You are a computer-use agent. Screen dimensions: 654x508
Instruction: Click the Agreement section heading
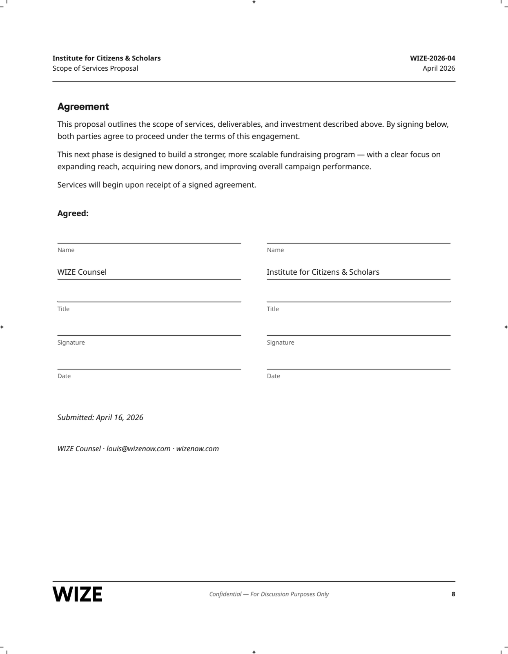(x=83, y=107)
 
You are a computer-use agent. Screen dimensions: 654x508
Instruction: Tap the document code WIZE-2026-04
(x=432, y=58)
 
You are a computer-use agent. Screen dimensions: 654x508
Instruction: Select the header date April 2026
(x=439, y=68)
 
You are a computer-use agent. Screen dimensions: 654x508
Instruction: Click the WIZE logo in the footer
(x=78, y=594)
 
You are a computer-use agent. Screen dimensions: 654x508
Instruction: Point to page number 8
(x=453, y=594)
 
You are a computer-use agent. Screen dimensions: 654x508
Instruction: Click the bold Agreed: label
(x=73, y=213)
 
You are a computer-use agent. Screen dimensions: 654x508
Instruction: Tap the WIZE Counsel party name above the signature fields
(x=82, y=272)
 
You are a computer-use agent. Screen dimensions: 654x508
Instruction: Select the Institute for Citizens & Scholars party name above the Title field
(x=323, y=272)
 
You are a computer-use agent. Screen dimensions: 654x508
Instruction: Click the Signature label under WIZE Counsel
(x=71, y=343)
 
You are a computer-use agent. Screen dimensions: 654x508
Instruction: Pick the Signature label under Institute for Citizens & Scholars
(x=281, y=343)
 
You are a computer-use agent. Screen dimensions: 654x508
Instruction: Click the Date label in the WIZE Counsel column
(x=64, y=376)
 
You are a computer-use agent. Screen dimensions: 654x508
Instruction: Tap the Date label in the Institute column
(x=274, y=376)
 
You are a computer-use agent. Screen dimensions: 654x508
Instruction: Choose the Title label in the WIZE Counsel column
(x=63, y=309)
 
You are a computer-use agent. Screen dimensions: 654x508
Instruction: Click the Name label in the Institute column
(x=275, y=250)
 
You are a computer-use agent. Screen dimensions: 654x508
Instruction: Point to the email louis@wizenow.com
(x=138, y=449)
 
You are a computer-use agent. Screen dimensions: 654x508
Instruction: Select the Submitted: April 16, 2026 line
(x=100, y=417)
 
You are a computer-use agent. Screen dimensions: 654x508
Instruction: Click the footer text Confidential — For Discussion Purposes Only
(x=269, y=594)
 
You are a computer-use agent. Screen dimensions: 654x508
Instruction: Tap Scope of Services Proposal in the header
(x=95, y=68)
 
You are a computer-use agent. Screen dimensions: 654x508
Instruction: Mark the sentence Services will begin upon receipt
(x=156, y=185)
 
